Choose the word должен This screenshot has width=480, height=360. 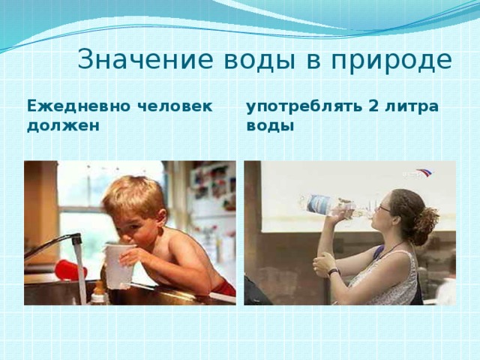[62, 125]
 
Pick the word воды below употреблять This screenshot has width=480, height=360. [270, 125]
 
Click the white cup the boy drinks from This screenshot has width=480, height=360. [118, 263]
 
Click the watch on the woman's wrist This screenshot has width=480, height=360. [333, 271]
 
